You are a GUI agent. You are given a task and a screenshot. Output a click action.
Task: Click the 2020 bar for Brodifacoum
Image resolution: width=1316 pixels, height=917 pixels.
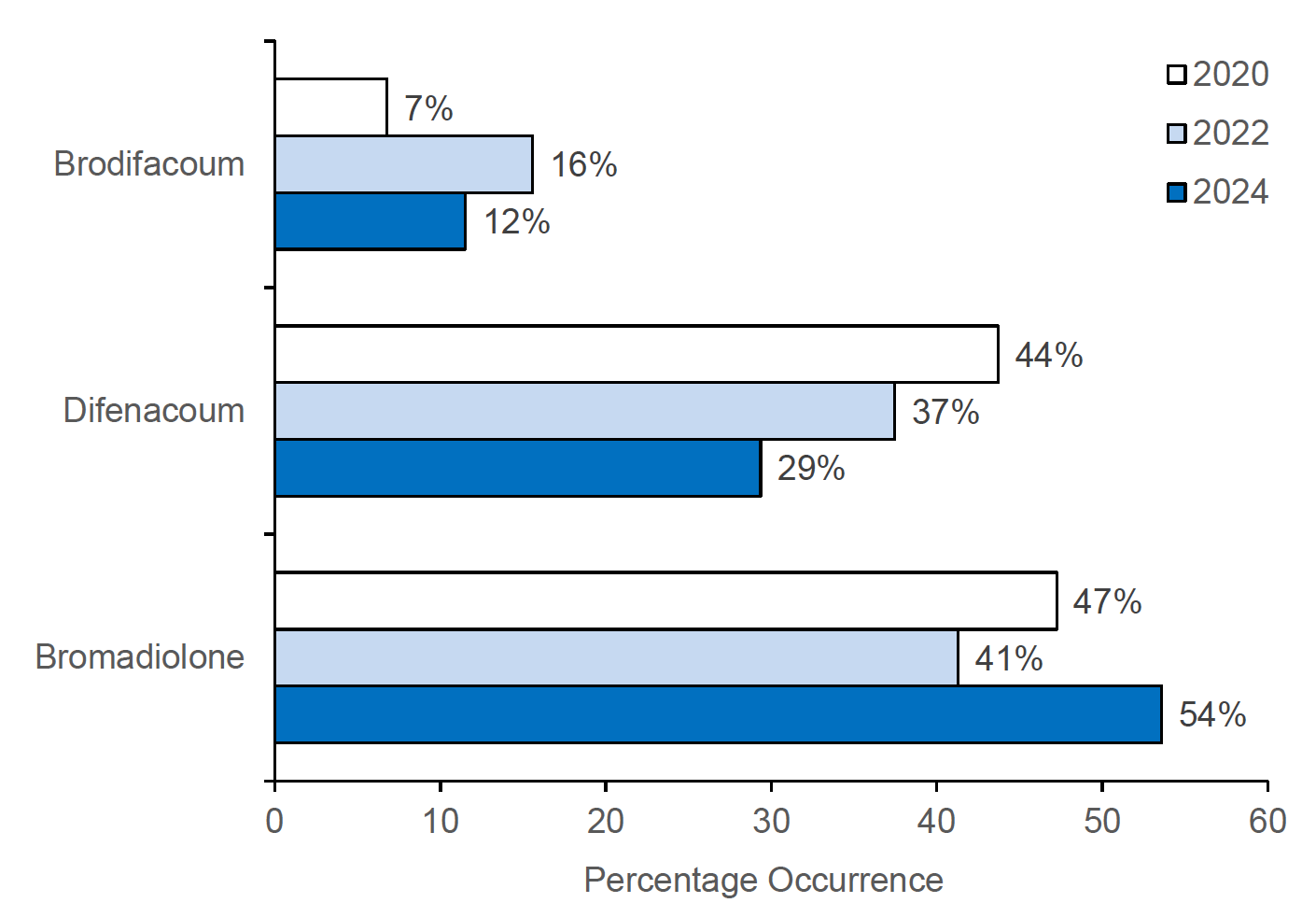(x=330, y=106)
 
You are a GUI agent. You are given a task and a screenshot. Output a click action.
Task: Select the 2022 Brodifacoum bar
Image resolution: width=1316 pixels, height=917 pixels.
(x=403, y=164)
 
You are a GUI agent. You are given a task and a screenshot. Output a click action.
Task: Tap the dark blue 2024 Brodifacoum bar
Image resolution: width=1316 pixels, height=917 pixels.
(x=370, y=221)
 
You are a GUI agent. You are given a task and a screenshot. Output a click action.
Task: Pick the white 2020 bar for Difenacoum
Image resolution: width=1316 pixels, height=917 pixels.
(x=636, y=354)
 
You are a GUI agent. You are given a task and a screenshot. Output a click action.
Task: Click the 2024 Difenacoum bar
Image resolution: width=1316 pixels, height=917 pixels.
(x=517, y=468)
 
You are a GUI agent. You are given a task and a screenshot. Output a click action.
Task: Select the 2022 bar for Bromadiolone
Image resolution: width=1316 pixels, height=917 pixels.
(x=616, y=657)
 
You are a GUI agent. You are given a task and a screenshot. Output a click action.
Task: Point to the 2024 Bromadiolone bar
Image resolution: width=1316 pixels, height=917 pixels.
(x=718, y=714)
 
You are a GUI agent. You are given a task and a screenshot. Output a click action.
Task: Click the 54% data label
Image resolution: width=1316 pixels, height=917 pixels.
(x=1211, y=714)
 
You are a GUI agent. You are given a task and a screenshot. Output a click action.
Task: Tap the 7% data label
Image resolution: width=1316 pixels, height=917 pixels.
(x=428, y=108)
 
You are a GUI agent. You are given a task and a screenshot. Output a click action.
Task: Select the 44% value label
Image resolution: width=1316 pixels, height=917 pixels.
(x=1048, y=355)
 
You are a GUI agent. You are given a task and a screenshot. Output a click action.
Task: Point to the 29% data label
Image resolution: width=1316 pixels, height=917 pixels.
(x=810, y=468)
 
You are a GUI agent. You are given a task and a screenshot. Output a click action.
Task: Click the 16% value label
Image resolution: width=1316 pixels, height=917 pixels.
(x=583, y=165)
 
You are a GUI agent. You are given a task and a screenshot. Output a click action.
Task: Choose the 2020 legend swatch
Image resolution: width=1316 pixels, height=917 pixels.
(x=1176, y=75)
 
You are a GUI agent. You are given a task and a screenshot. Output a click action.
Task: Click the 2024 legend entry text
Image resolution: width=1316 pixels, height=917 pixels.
(x=1230, y=191)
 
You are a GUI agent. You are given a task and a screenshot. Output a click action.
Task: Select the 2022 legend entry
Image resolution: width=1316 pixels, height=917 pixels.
(x=1230, y=133)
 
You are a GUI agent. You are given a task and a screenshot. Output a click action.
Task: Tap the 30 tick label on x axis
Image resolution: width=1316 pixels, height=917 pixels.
(x=771, y=821)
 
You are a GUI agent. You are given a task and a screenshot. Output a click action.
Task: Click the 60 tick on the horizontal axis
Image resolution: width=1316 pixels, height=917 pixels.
(x=1267, y=821)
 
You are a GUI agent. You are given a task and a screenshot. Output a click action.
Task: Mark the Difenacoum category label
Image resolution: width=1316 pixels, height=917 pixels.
(x=154, y=411)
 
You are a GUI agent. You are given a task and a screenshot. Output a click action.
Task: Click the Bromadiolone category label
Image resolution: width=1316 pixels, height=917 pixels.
(x=140, y=657)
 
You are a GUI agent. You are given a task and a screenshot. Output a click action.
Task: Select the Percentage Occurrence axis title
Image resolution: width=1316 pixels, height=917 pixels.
(x=763, y=880)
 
